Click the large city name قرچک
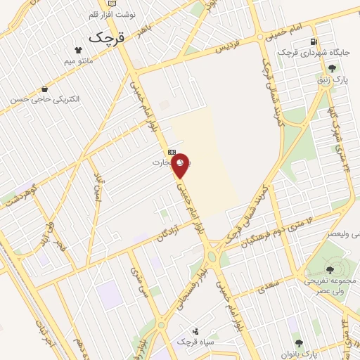click(107, 37)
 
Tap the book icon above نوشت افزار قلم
click(113, 4)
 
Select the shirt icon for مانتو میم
click(78, 50)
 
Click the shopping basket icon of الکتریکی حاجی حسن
click(45, 89)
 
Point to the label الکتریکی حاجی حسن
click(45, 100)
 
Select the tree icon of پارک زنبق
click(332, 69)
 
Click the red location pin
click(181, 165)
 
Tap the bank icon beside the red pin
click(172, 152)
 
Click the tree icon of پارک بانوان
click(299, 343)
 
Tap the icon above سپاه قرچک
click(195, 330)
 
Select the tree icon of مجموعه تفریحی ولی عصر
click(329, 270)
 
